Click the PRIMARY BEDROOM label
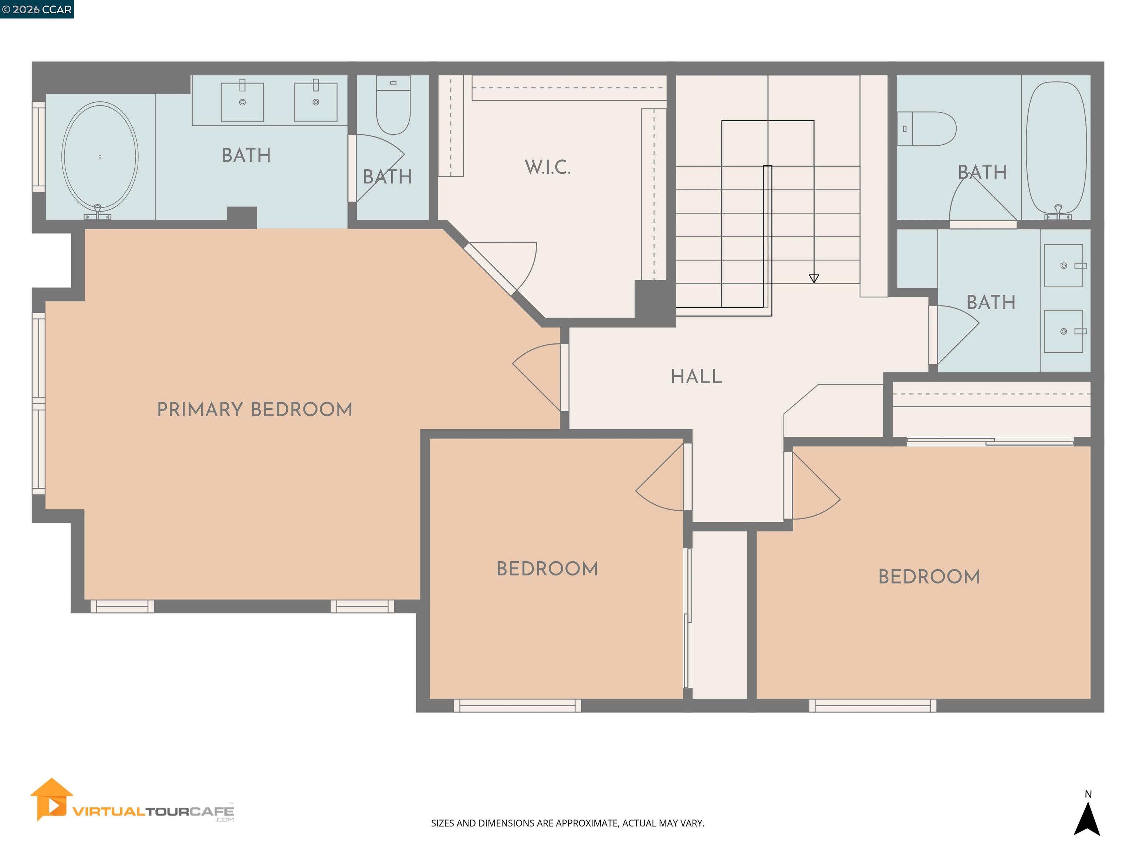(x=255, y=410)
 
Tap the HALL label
(x=696, y=377)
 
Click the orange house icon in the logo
(x=51, y=799)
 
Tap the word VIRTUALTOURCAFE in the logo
(x=153, y=811)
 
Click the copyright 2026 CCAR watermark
(x=37, y=9)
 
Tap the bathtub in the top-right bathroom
(x=1056, y=148)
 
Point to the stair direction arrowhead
(x=814, y=278)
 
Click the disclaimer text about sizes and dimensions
(x=568, y=823)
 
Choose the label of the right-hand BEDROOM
(x=929, y=577)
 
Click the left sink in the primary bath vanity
(x=243, y=102)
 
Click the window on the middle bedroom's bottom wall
(x=517, y=706)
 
